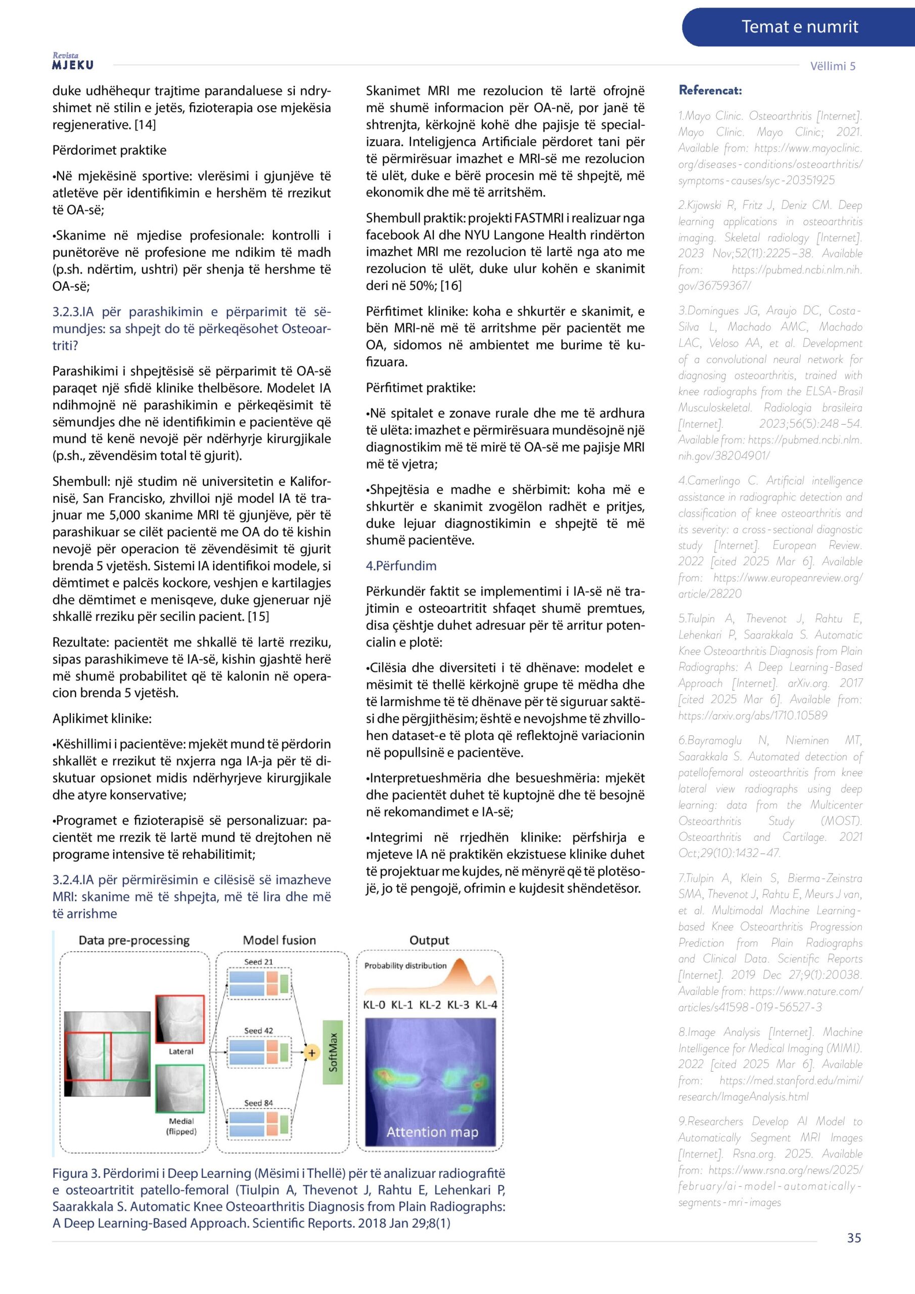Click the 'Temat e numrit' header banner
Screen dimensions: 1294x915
click(x=799, y=26)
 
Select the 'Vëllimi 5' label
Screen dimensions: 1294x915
click(x=832, y=66)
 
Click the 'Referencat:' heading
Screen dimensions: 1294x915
click(x=710, y=90)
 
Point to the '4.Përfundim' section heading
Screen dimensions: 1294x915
click(x=401, y=565)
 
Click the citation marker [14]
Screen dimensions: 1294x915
click(x=145, y=124)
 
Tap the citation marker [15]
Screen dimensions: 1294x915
click(x=258, y=616)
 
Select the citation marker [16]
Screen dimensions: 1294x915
click(x=450, y=285)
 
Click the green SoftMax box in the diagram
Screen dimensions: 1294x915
click(x=333, y=1052)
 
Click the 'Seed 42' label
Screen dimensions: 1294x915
click(x=258, y=1031)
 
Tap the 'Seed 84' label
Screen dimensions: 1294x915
click(x=258, y=1103)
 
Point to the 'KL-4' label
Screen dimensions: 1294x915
click(x=486, y=1004)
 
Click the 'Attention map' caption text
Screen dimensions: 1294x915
click(x=432, y=1132)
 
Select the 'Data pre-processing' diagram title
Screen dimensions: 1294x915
click(x=134, y=940)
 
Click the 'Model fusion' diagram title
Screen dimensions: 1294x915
click(x=279, y=940)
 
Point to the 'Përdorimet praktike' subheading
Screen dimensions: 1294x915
click(x=109, y=150)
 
